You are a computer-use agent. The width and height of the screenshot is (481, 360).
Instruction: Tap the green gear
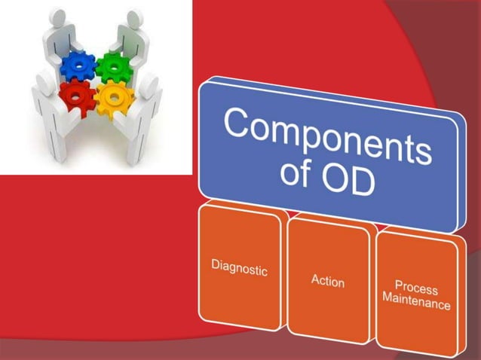tap(113, 69)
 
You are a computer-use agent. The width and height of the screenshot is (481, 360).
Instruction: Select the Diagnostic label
tap(238, 267)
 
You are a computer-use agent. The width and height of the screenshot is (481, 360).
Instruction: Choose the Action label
tap(328, 282)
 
